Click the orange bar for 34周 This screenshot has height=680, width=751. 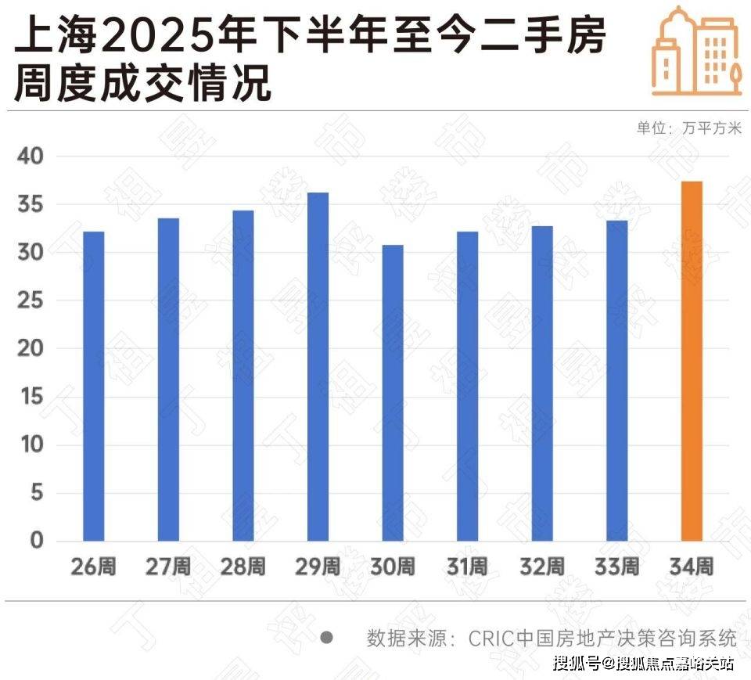[x=692, y=361]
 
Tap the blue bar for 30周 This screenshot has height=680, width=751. [x=393, y=393]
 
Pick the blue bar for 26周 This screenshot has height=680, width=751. [x=93, y=386]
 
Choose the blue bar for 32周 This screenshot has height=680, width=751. [x=542, y=383]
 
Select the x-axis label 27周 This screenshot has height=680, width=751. [x=167, y=567]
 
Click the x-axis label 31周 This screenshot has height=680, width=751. [x=468, y=567]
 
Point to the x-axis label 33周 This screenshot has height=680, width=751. [x=617, y=567]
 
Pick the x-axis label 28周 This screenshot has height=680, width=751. [x=243, y=567]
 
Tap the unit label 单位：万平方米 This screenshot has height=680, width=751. [x=688, y=128]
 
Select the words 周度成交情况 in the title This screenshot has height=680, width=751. [x=142, y=84]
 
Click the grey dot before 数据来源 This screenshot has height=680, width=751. [x=327, y=637]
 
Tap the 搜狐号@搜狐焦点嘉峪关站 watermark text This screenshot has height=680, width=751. [x=643, y=664]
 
